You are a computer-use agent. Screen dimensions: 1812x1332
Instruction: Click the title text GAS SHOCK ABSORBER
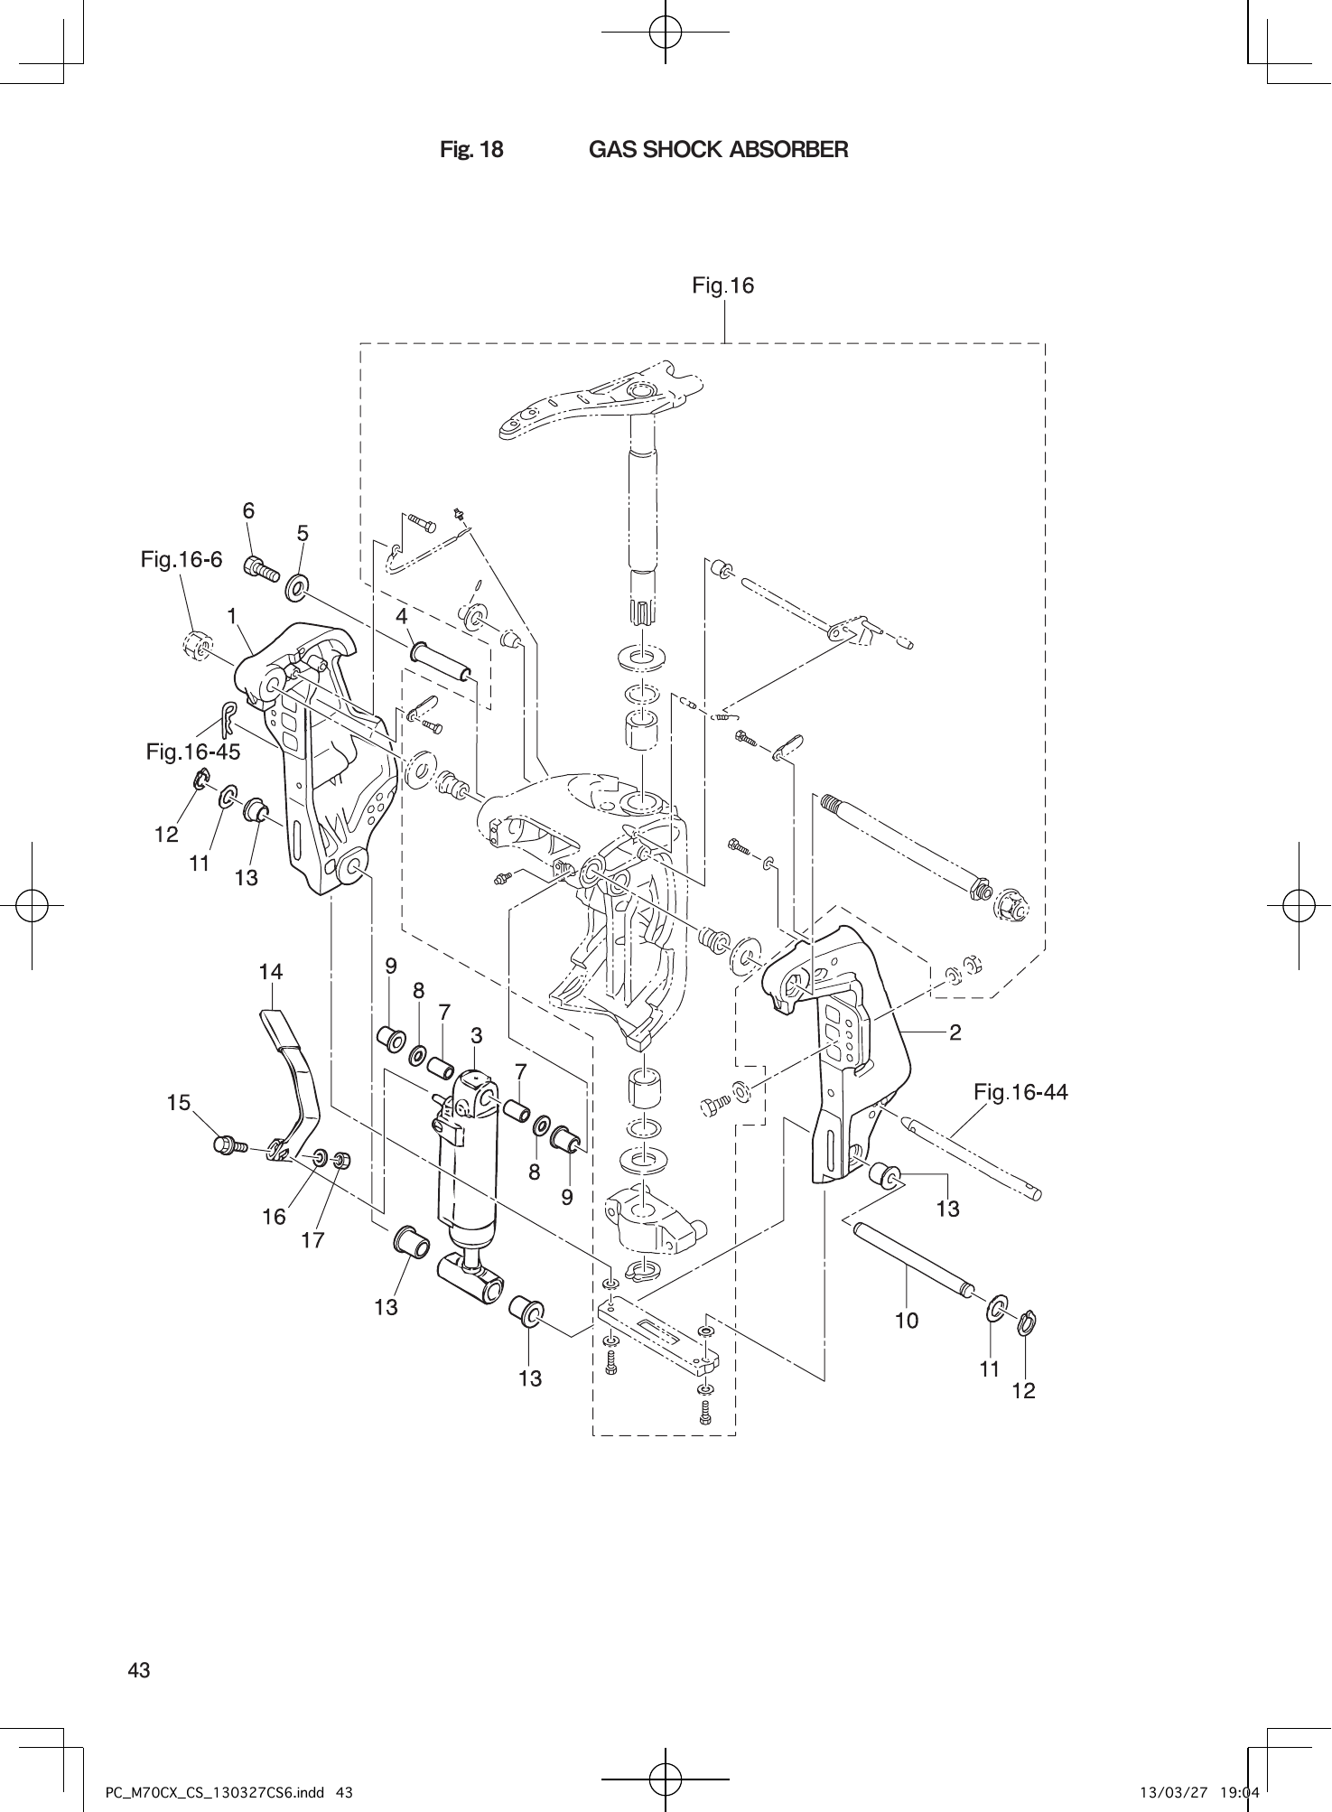[718, 150]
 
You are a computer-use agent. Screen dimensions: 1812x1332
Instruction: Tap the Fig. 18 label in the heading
[471, 150]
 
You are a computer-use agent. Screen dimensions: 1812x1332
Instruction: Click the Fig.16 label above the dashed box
[722, 286]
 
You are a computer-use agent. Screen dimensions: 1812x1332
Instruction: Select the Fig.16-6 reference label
[181, 560]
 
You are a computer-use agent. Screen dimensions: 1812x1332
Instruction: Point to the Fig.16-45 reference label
[193, 752]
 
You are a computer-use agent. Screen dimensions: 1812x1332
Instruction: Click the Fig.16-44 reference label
[1020, 1093]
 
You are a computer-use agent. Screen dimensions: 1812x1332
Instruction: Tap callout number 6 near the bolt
[248, 511]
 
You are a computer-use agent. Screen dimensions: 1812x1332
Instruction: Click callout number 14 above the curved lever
[271, 973]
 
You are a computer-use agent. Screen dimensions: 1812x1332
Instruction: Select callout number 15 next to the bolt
[179, 1103]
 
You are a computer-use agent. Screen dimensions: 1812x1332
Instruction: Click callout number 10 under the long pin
[907, 1321]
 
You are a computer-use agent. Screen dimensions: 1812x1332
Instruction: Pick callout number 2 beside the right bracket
[955, 1032]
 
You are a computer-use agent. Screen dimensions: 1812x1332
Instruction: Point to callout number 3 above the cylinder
[476, 1035]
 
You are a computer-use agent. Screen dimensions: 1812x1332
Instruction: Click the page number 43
[139, 1670]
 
